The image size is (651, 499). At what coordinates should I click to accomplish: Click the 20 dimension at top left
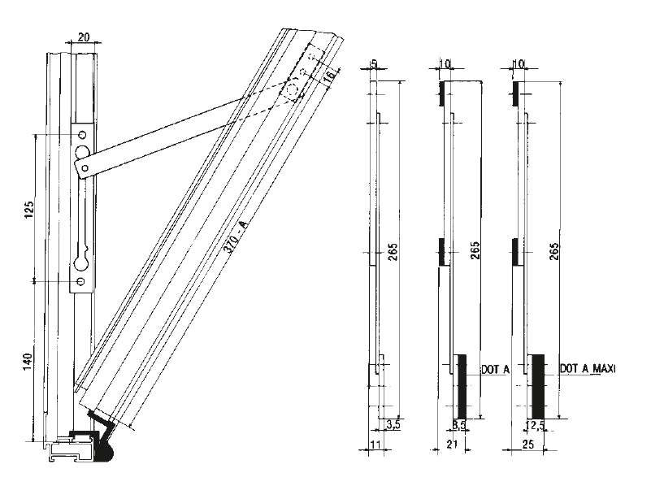pyautogui.click(x=84, y=37)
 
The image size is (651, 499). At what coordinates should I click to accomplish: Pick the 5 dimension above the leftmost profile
pyautogui.click(x=374, y=63)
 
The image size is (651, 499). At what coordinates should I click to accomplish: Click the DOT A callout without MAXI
pyautogui.click(x=495, y=369)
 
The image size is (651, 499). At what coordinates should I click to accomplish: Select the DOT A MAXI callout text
pyautogui.click(x=588, y=369)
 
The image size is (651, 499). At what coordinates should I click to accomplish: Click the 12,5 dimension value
pyautogui.click(x=536, y=424)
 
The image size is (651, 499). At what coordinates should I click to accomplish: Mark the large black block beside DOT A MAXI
pyautogui.click(x=537, y=384)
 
